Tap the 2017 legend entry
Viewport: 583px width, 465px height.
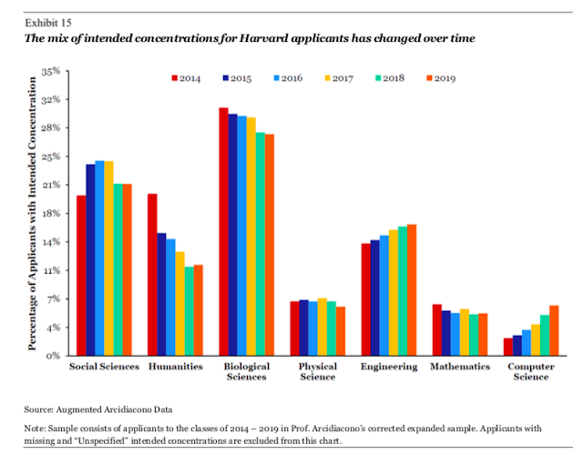click(x=339, y=78)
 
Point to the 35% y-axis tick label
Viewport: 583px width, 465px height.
click(x=50, y=70)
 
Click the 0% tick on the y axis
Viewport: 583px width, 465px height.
click(x=54, y=355)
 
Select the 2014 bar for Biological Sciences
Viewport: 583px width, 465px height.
click(x=223, y=231)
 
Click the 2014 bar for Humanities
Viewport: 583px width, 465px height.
click(x=152, y=274)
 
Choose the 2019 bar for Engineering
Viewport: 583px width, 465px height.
click(x=412, y=289)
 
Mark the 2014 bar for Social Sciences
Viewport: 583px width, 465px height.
click(x=81, y=275)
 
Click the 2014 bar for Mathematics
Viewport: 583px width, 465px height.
click(x=437, y=329)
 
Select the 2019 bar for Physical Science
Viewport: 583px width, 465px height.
click(x=341, y=330)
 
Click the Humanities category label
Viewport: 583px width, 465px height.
click(x=175, y=367)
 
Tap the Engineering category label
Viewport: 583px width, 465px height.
click(x=389, y=367)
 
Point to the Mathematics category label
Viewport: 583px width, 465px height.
click(x=460, y=367)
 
